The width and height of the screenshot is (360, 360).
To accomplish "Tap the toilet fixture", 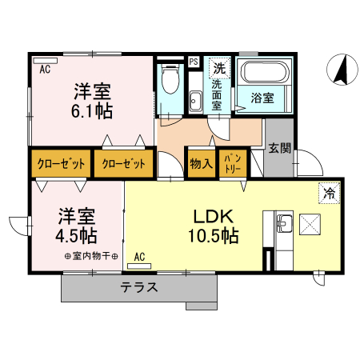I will click(170, 80).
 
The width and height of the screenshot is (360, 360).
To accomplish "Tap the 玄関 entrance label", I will click(279, 148).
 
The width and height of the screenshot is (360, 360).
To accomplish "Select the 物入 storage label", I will click(201, 164).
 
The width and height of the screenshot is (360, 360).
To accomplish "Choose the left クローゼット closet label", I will click(61, 164).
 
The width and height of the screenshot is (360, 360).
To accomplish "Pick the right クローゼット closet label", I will click(124, 164).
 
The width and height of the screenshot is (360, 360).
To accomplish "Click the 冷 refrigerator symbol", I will click(327, 193).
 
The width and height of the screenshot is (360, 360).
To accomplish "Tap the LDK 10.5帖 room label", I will click(212, 226).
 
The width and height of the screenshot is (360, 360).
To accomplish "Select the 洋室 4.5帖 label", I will click(78, 226).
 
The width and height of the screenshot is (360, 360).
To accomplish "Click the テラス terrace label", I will click(139, 287).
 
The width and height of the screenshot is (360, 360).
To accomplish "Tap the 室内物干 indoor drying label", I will click(91, 256).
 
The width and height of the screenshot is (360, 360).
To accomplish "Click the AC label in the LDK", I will click(139, 257).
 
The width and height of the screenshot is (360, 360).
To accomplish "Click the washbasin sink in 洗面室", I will click(195, 100).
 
